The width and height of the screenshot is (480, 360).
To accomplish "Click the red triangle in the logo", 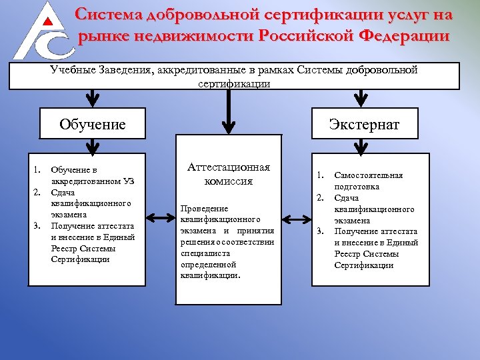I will click(x=46, y=21).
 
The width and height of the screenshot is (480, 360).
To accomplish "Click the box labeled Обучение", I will click(x=93, y=124).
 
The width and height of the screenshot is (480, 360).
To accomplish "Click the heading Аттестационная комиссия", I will click(x=229, y=174).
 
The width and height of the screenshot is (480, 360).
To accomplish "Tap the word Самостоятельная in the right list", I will click(x=368, y=175).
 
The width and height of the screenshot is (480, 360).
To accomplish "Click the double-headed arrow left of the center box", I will click(x=160, y=218).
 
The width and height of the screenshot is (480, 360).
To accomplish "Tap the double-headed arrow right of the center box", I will click(x=297, y=218).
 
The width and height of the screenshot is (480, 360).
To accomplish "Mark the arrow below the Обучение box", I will click(x=93, y=147).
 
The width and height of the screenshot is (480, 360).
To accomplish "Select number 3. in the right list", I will click(x=321, y=231).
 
